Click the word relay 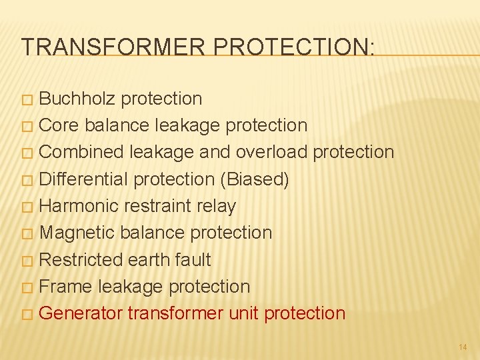(217, 206)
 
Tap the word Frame (66, 287)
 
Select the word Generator (82, 313)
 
